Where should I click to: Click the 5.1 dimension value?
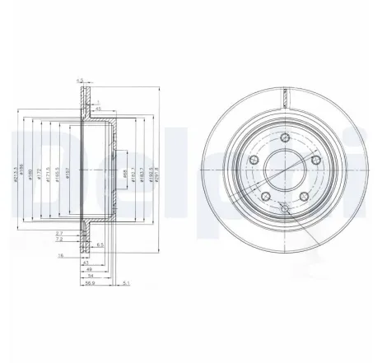pyautogui.click(x=123, y=285)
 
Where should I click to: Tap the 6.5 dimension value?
pyautogui.click(x=99, y=245)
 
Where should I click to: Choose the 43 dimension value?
pyautogui.click(x=86, y=261)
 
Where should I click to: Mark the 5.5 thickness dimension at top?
pyautogui.click(x=80, y=80)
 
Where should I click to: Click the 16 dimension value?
pyautogui.click(x=61, y=256)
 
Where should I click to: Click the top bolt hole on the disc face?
pyautogui.click(x=283, y=137)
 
